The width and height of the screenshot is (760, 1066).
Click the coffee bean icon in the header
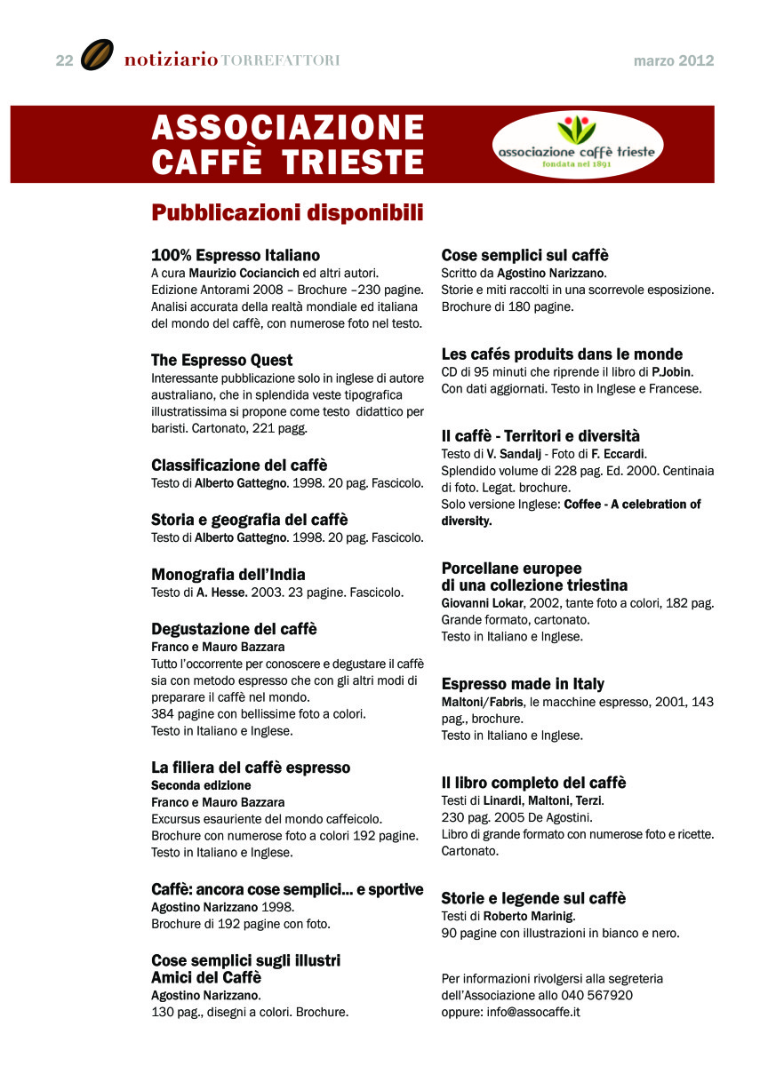pyautogui.click(x=97, y=55)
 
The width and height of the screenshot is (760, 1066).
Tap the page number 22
pyautogui.click(x=64, y=60)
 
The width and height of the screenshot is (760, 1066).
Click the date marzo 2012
pyautogui.click(x=674, y=61)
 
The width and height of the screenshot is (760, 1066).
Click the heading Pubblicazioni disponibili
pyautogui.click(x=286, y=213)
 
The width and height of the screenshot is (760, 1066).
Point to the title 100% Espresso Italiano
pyautogui.click(x=236, y=255)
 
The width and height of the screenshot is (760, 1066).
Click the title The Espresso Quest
pyautogui.click(x=221, y=360)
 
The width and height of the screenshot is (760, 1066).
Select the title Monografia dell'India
pyautogui.click(x=228, y=574)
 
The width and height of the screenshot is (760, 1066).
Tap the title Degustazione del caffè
pyautogui.click(x=234, y=629)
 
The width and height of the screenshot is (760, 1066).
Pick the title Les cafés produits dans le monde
pyautogui.click(x=562, y=354)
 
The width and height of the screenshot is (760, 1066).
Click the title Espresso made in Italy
pyautogui.click(x=523, y=684)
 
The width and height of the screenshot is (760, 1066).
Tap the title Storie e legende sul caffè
pyautogui.click(x=533, y=898)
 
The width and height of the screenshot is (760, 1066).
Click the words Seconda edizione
pyautogui.click(x=201, y=785)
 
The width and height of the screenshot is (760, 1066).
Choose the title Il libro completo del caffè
pyautogui.click(x=533, y=783)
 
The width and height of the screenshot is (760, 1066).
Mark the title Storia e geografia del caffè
pyautogui.click(x=249, y=520)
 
